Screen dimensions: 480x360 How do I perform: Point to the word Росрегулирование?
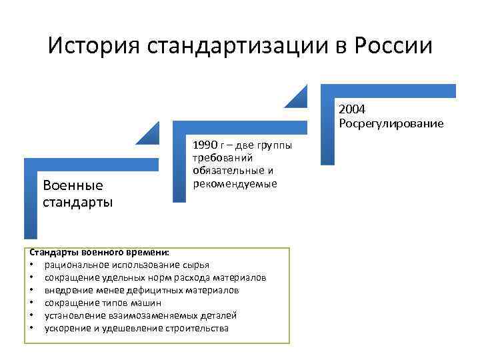(x=391, y=123)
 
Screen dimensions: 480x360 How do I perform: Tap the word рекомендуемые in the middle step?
(x=235, y=183)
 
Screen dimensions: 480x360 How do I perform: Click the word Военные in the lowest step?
(x=73, y=185)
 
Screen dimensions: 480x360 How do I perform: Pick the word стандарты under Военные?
(x=77, y=201)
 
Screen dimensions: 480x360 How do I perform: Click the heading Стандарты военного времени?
(x=99, y=253)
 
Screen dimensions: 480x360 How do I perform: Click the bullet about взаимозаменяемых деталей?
(x=141, y=315)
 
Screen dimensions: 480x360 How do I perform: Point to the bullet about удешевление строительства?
(x=136, y=328)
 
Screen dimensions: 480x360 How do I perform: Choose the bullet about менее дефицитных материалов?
(x=141, y=291)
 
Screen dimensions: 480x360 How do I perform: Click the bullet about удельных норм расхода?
(x=155, y=278)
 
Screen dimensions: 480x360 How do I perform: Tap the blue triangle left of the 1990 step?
(x=150, y=135)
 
